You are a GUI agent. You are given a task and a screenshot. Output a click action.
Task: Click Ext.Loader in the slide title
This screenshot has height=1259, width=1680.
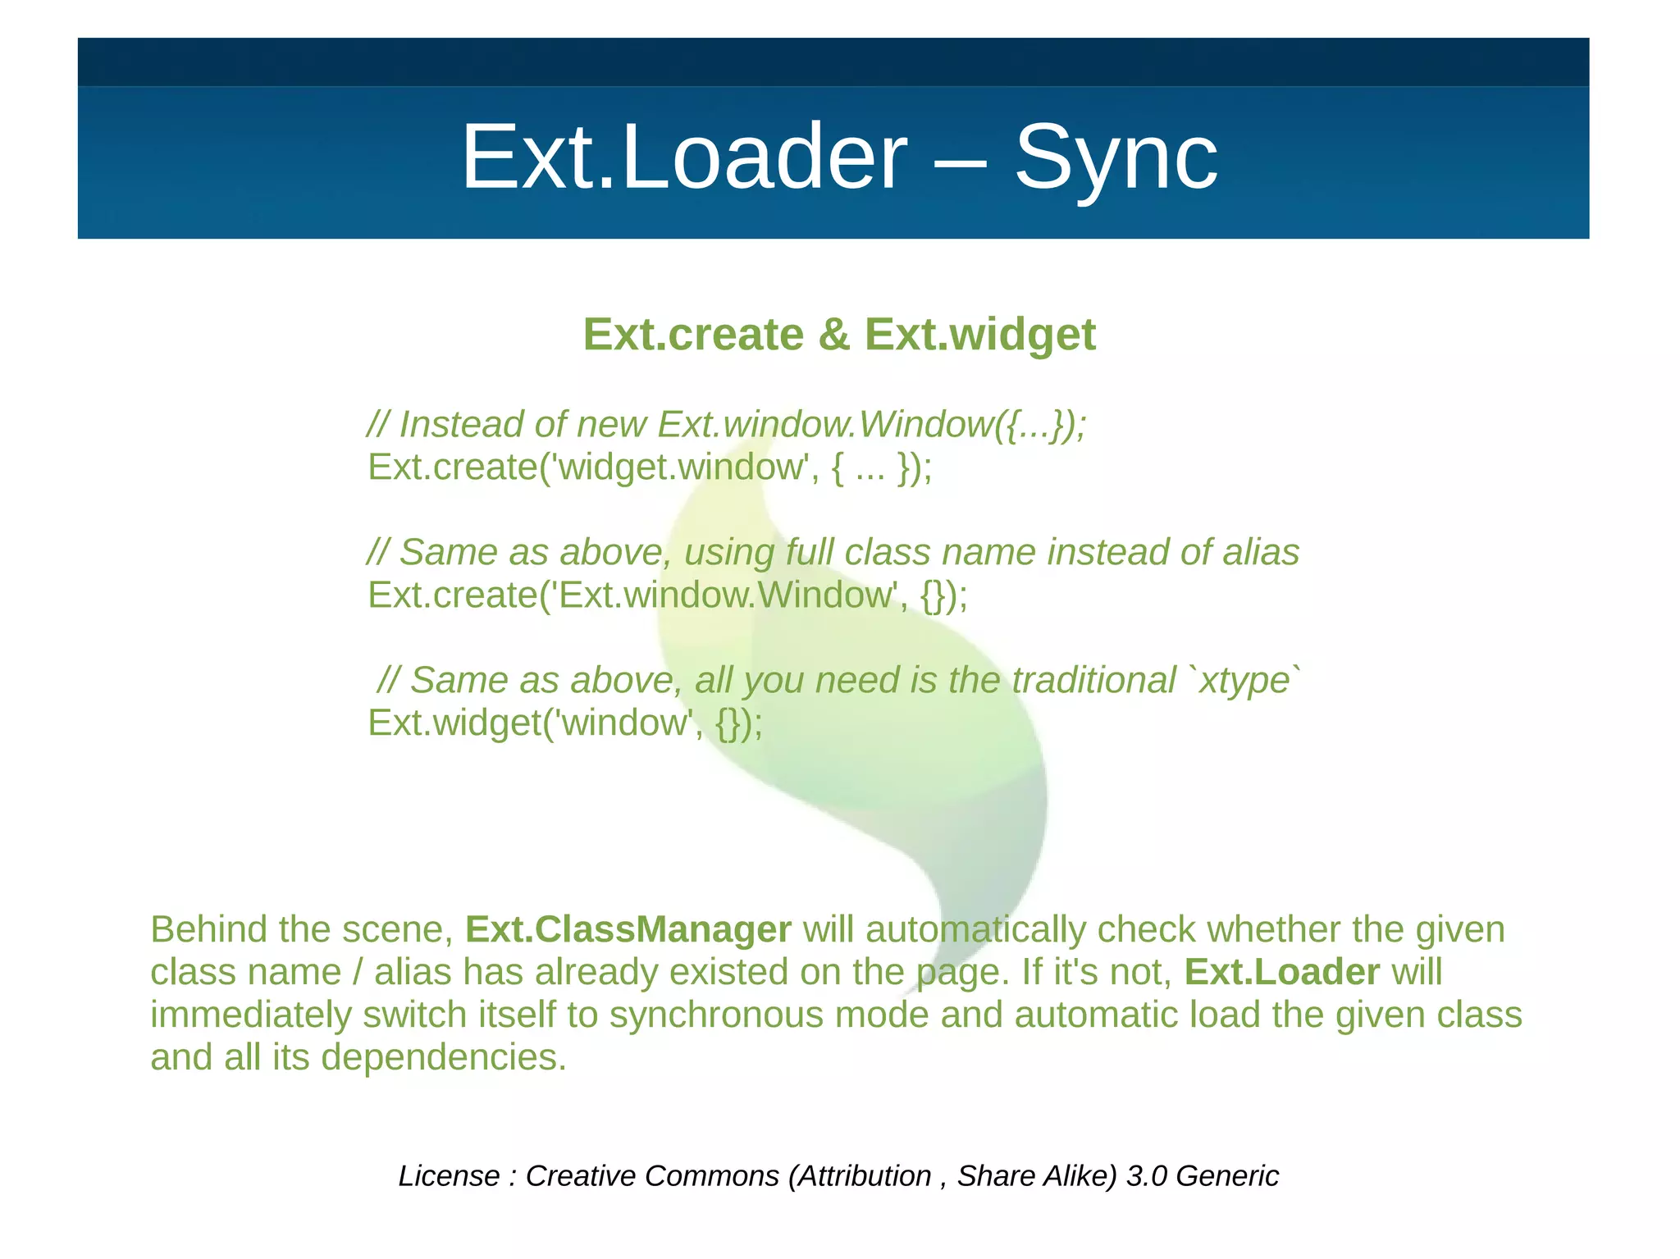click(x=684, y=157)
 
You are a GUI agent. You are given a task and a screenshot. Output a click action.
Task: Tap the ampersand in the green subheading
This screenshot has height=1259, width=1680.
click(x=833, y=335)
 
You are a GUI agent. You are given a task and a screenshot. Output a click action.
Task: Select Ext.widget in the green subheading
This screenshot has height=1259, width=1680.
click(x=979, y=335)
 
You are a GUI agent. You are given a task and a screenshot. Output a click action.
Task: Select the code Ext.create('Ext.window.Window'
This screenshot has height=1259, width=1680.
click(x=632, y=595)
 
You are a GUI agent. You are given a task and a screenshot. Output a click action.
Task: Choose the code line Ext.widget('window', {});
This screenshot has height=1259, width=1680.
click(x=564, y=723)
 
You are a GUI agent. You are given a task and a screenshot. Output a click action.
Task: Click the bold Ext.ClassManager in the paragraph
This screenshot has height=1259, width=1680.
click(x=628, y=929)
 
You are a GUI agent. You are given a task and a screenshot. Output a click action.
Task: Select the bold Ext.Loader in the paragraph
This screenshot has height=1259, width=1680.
click(x=1281, y=972)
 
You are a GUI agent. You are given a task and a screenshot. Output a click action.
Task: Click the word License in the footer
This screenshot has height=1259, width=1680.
click(x=448, y=1176)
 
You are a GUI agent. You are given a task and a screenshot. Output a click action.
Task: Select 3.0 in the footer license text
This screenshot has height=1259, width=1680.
click(x=1146, y=1176)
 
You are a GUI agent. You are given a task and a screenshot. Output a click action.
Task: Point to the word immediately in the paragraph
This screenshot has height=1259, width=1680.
click(x=250, y=1015)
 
